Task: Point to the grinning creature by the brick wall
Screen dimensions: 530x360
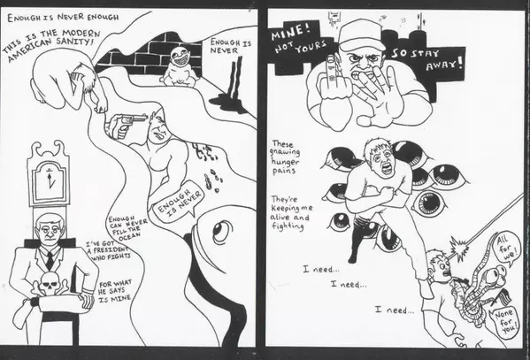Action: (x=178, y=67)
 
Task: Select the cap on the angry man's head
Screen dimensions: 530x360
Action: (x=361, y=35)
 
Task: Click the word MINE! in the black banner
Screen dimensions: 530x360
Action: (x=290, y=32)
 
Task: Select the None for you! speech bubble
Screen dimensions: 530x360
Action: (x=504, y=321)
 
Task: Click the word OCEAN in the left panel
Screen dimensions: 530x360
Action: (x=128, y=237)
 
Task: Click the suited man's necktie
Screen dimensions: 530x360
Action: (x=50, y=260)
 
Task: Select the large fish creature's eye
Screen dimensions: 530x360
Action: (x=221, y=231)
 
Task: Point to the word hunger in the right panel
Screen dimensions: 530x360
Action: (x=285, y=161)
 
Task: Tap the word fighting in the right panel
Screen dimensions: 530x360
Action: (x=288, y=226)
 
